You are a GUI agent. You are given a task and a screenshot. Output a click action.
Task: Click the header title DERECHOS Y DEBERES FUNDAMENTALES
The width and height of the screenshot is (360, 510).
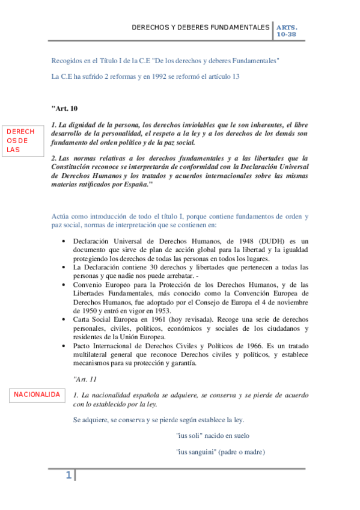point(201,28)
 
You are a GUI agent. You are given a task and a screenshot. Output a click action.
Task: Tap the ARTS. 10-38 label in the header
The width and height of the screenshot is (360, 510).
point(287,31)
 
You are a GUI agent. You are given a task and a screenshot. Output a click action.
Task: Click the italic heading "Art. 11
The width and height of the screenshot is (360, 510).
point(83,379)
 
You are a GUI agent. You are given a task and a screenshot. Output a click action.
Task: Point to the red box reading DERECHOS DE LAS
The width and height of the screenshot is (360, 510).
point(20,141)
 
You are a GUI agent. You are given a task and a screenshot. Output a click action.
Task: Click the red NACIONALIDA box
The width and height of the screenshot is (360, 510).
point(37,395)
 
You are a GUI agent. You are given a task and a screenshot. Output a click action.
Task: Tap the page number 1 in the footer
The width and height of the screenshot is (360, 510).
point(69,476)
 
